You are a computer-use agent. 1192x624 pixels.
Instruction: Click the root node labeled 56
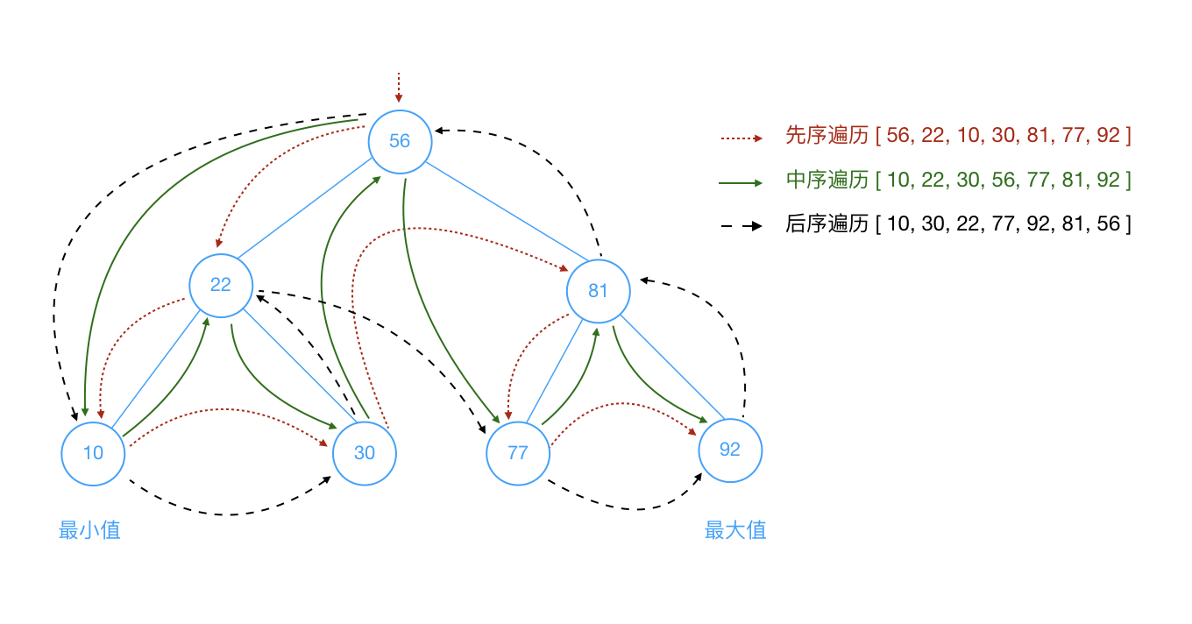point(400,141)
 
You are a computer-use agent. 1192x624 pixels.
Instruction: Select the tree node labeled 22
point(221,285)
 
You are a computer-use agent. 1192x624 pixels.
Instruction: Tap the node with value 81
point(598,291)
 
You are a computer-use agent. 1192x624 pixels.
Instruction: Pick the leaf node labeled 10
point(93,453)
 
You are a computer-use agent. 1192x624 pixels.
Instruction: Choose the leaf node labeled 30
point(365,453)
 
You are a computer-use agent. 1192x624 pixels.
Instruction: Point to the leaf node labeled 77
point(518,453)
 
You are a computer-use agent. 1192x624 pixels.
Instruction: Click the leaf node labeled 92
point(730,450)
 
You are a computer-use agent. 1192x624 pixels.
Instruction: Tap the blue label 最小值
point(89,530)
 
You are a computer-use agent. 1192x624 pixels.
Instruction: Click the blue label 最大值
point(735,530)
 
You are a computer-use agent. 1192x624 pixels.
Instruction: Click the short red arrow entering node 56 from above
point(399,88)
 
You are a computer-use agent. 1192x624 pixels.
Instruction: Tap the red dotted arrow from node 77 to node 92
point(622,404)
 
